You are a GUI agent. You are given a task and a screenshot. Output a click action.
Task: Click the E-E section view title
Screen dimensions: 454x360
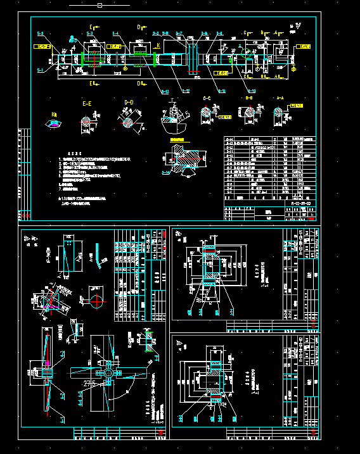click(x=86, y=102)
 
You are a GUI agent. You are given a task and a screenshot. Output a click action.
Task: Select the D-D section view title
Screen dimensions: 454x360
click(x=129, y=101)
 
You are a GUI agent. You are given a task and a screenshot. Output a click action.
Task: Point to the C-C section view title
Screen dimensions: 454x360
click(x=207, y=99)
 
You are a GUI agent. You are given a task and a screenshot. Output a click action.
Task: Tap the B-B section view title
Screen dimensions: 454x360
click(x=249, y=99)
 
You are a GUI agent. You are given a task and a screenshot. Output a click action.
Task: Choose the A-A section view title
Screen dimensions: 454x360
click(x=280, y=99)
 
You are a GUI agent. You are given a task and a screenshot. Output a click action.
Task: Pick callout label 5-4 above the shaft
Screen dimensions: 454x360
click(x=116, y=33)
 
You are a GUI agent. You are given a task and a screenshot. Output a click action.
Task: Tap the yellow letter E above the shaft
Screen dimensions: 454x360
click(x=91, y=27)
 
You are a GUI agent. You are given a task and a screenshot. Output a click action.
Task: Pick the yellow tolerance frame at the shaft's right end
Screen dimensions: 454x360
click(x=304, y=46)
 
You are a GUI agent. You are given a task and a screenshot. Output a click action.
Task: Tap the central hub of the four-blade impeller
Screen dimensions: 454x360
click(x=109, y=375)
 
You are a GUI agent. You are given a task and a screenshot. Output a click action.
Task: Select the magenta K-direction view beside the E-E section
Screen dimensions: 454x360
click(x=56, y=123)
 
